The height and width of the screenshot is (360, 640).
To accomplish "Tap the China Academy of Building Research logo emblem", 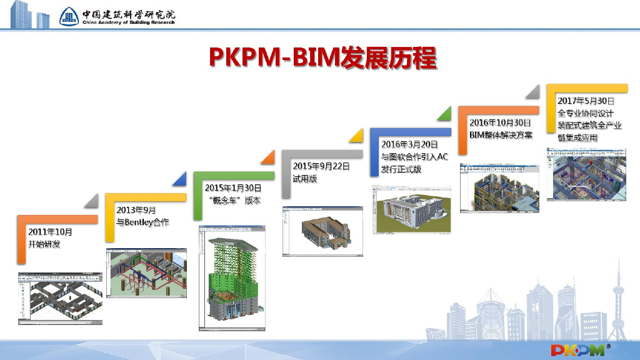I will click(69, 16).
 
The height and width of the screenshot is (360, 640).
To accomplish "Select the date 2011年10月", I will click(51, 232).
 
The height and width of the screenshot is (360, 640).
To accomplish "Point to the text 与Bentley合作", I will click(142, 222).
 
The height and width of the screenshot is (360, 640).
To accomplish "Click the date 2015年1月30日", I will click(233, 188).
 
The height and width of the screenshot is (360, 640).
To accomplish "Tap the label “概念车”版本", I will click(235, 201).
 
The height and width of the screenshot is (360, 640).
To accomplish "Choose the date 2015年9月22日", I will click(321, 166).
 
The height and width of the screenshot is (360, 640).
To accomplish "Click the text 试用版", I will click(305, 179).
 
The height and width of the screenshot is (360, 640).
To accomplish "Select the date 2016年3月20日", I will click(409, 144).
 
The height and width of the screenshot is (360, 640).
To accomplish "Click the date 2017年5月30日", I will click(586, 100).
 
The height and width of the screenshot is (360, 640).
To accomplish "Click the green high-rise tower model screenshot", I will click(232, 277).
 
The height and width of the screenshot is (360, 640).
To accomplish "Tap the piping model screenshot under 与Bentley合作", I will click(147, 272).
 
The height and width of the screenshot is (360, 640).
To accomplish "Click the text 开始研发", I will click(44, 244).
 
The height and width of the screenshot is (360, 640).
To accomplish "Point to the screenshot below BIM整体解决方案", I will click(499, 187).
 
